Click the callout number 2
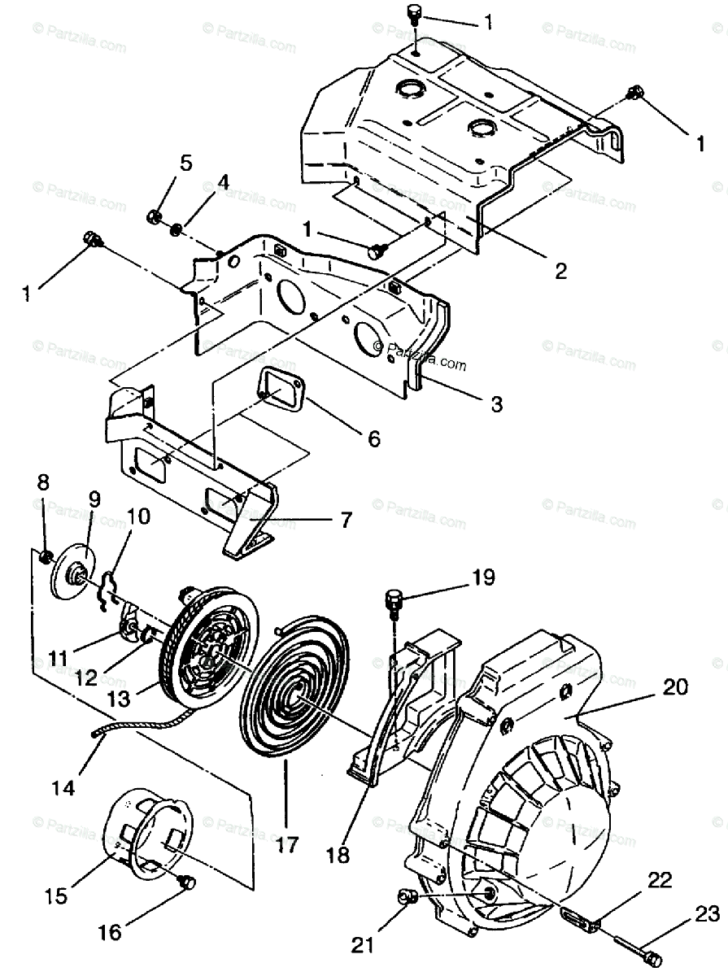560,271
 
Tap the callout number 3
496,404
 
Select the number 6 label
373,438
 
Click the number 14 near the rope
63,787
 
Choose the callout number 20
675,687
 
